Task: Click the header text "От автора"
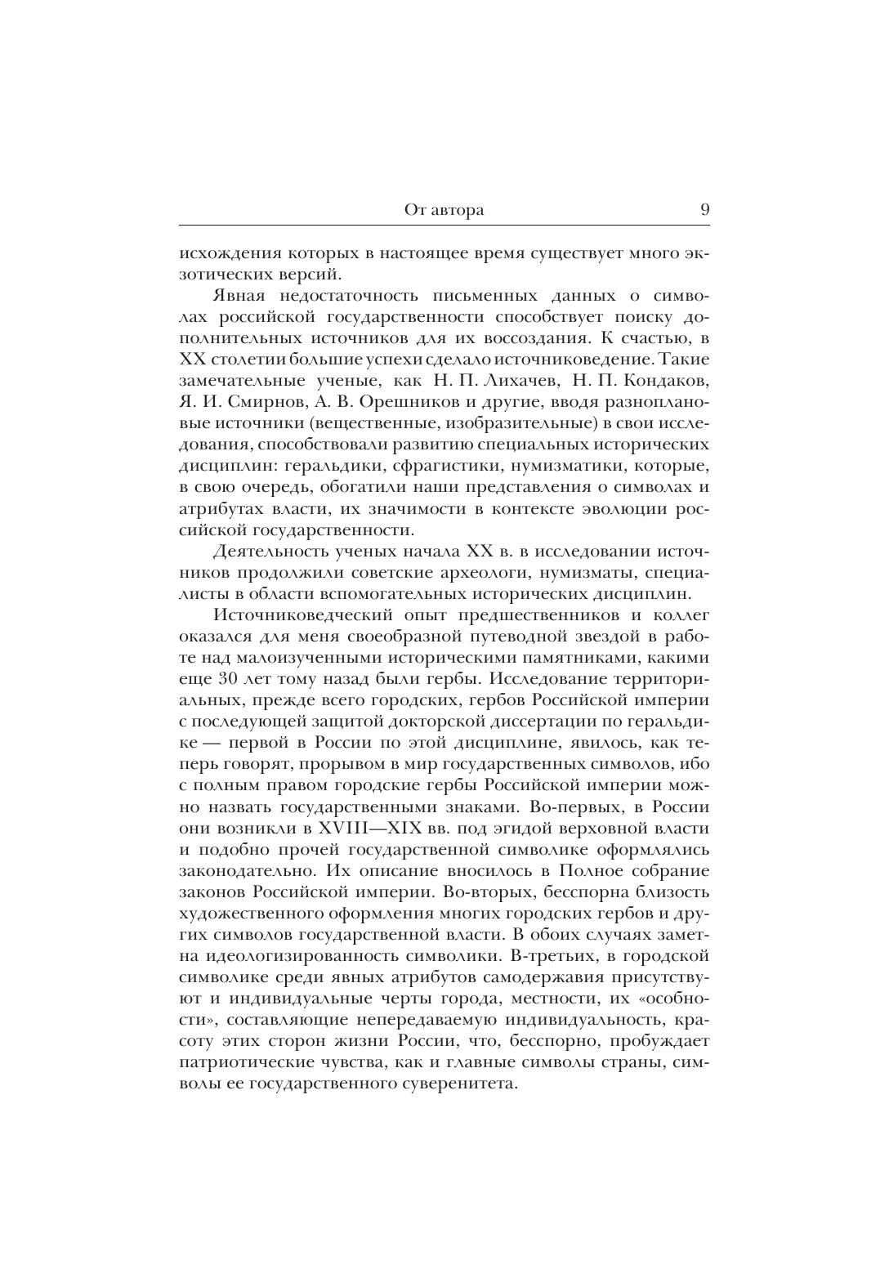click(444, 210)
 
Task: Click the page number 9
click(704, 209)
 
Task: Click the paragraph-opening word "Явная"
click(237, 295)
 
